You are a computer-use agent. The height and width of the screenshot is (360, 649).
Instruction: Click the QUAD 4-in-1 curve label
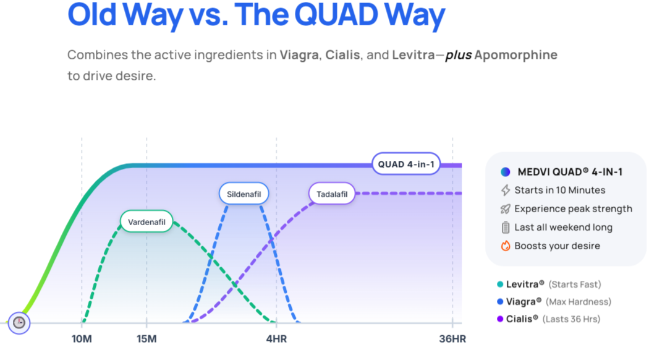405,165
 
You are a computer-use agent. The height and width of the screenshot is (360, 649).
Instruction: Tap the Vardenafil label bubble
146,222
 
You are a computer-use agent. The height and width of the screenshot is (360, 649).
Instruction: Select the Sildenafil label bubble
244,194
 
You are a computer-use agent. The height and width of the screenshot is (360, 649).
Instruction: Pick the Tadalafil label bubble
332,194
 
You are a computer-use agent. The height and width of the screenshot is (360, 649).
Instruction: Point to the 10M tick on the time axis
82,339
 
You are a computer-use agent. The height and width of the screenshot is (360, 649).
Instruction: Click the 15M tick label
146,339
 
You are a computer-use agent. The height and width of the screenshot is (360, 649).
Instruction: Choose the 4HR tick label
276,339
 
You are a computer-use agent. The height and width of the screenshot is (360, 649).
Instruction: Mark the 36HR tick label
452,339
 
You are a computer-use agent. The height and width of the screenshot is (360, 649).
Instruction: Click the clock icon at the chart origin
19,322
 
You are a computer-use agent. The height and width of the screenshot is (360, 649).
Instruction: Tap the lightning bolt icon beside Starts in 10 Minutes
505,191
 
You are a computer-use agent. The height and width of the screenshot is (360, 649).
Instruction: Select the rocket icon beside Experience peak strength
505,209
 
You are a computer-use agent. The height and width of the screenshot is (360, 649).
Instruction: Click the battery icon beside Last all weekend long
505,228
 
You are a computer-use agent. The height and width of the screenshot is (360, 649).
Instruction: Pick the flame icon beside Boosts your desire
505,246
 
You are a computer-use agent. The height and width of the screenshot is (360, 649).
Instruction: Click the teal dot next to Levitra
499,285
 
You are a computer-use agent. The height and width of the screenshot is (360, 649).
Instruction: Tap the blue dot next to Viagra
499,302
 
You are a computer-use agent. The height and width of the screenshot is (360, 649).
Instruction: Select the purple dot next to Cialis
499,319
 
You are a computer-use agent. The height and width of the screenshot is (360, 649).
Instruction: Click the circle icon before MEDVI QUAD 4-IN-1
506,172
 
